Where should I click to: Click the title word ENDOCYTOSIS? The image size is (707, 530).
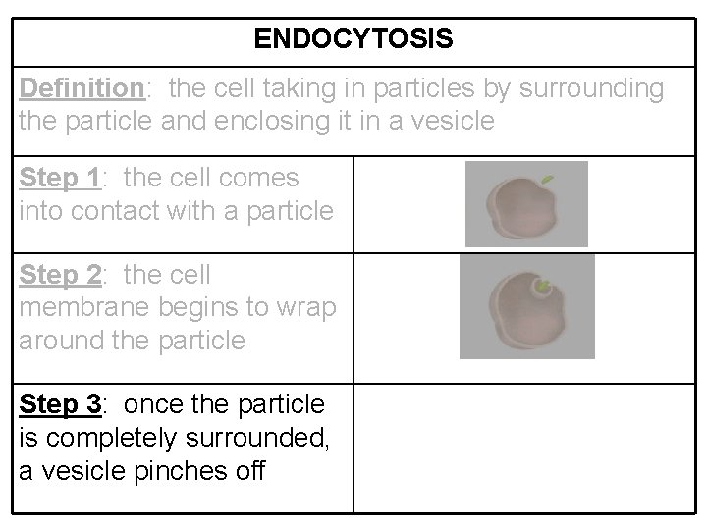[x=353, y=39]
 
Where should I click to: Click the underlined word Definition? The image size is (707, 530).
[x=82, y=89]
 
